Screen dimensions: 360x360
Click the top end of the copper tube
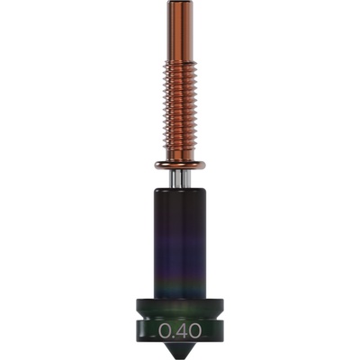[x=180, y=4]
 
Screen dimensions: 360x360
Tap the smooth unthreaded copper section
[x=180, y=31]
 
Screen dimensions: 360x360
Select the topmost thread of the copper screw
[x=180, y=63]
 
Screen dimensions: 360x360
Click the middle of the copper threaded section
[x=180, y=108]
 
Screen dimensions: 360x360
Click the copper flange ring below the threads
[x=180, y=165]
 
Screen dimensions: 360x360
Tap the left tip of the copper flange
[x=157, y=165]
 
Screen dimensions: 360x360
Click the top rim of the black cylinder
[x=180, y=191]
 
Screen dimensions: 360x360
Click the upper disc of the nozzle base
[x=180, y=306]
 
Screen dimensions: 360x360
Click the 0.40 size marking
[x=180, y=331]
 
